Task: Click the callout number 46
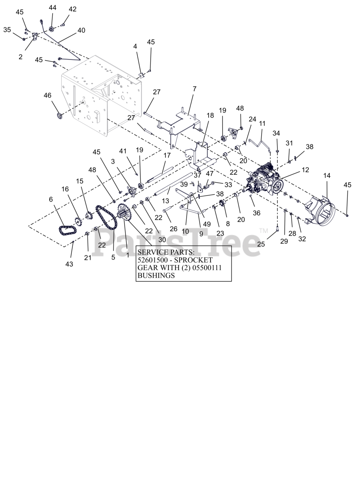coord(47,95)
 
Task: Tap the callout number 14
coord(327,175)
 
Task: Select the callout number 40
coord(81,30)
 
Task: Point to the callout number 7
coord(195,89)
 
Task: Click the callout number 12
coord(305,170)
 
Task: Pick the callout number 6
coord(51,199)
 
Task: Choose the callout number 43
coord(69,264)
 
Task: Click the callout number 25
coord(261,244)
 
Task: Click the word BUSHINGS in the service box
coord(156,275)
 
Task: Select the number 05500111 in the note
coord(204,268)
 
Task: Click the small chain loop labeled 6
coord(67,230)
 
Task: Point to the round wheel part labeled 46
coord(59,115)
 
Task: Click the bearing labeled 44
coord(52,29)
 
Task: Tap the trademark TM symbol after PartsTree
coord(263,231)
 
